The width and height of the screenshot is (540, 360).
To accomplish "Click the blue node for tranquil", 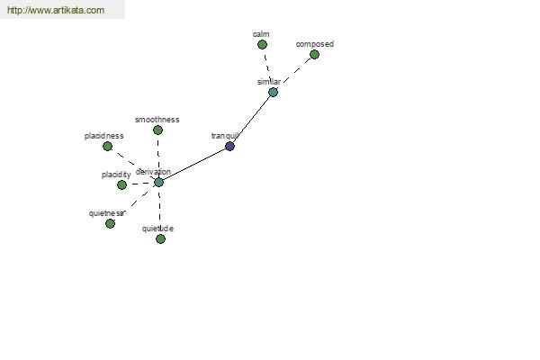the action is tap(229, 147).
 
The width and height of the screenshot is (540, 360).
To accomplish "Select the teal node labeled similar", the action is tap(273, 93).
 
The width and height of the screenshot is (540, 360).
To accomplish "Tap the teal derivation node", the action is tap(158, 182).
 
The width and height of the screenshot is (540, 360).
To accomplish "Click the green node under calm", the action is tap(262, 44).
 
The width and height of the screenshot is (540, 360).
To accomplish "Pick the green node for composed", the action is tap(314, 54).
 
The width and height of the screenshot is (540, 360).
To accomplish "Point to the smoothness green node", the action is tap(157, 130).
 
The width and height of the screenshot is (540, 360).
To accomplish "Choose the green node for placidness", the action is tap(107, 147).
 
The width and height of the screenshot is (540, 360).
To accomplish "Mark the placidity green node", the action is tap(121, 185).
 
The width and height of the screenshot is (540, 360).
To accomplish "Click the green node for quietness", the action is tap(110, 224).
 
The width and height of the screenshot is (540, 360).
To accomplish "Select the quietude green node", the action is tap(160, 238).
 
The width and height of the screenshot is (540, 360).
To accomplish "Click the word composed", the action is tap(315, 44).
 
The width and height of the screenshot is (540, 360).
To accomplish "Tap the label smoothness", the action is tap(157, 120).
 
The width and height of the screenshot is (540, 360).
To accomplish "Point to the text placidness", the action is tap(104, 136).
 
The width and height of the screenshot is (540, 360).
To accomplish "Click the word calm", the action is tap(261, 34).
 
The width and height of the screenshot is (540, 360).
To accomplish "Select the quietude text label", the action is tap(157, 229).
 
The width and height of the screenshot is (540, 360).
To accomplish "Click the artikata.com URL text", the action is tap(56, 10).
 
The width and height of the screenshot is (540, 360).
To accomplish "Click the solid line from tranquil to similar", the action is tap(252, 118).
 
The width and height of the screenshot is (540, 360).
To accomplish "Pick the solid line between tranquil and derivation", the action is tap(194, 165).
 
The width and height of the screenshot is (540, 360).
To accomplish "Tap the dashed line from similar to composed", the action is tap(296, 70).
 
